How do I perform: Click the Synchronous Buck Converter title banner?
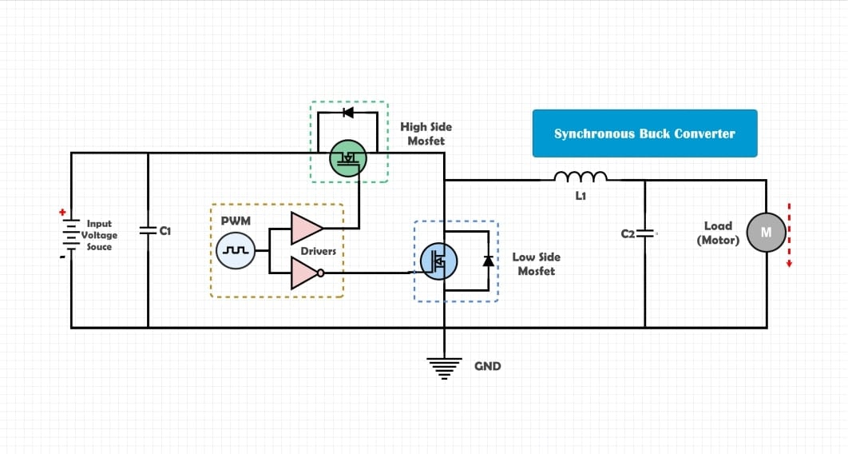pos(644,133)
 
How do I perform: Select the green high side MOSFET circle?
pos(348,157)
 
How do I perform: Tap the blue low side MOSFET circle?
pos(438,261)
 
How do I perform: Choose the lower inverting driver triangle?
pos(306,273)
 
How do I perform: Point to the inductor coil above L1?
pos(581,177)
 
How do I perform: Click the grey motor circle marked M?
pos(766,233)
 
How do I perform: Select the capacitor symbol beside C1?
pos(148,230)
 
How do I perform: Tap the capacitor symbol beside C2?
pos(645,233)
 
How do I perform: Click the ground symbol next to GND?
pos(443,367)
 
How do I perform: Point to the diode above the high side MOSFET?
pos(347,113)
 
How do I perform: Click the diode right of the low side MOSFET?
pos(488,261)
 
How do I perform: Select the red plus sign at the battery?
pos(61,213)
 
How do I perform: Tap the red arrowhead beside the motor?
pos(789,265)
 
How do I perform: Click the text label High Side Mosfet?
pos(426,133)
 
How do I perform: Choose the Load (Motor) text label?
pos(718,233)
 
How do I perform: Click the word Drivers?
pos(318,251)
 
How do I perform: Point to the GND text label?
pos(488,366)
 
